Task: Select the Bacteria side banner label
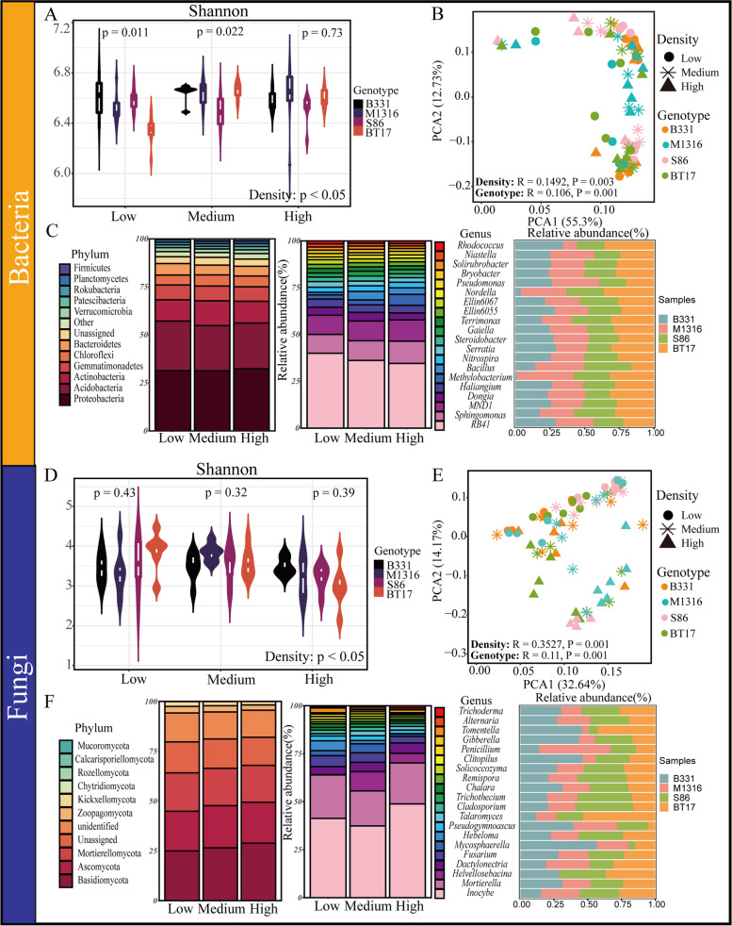tap(21, 222)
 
